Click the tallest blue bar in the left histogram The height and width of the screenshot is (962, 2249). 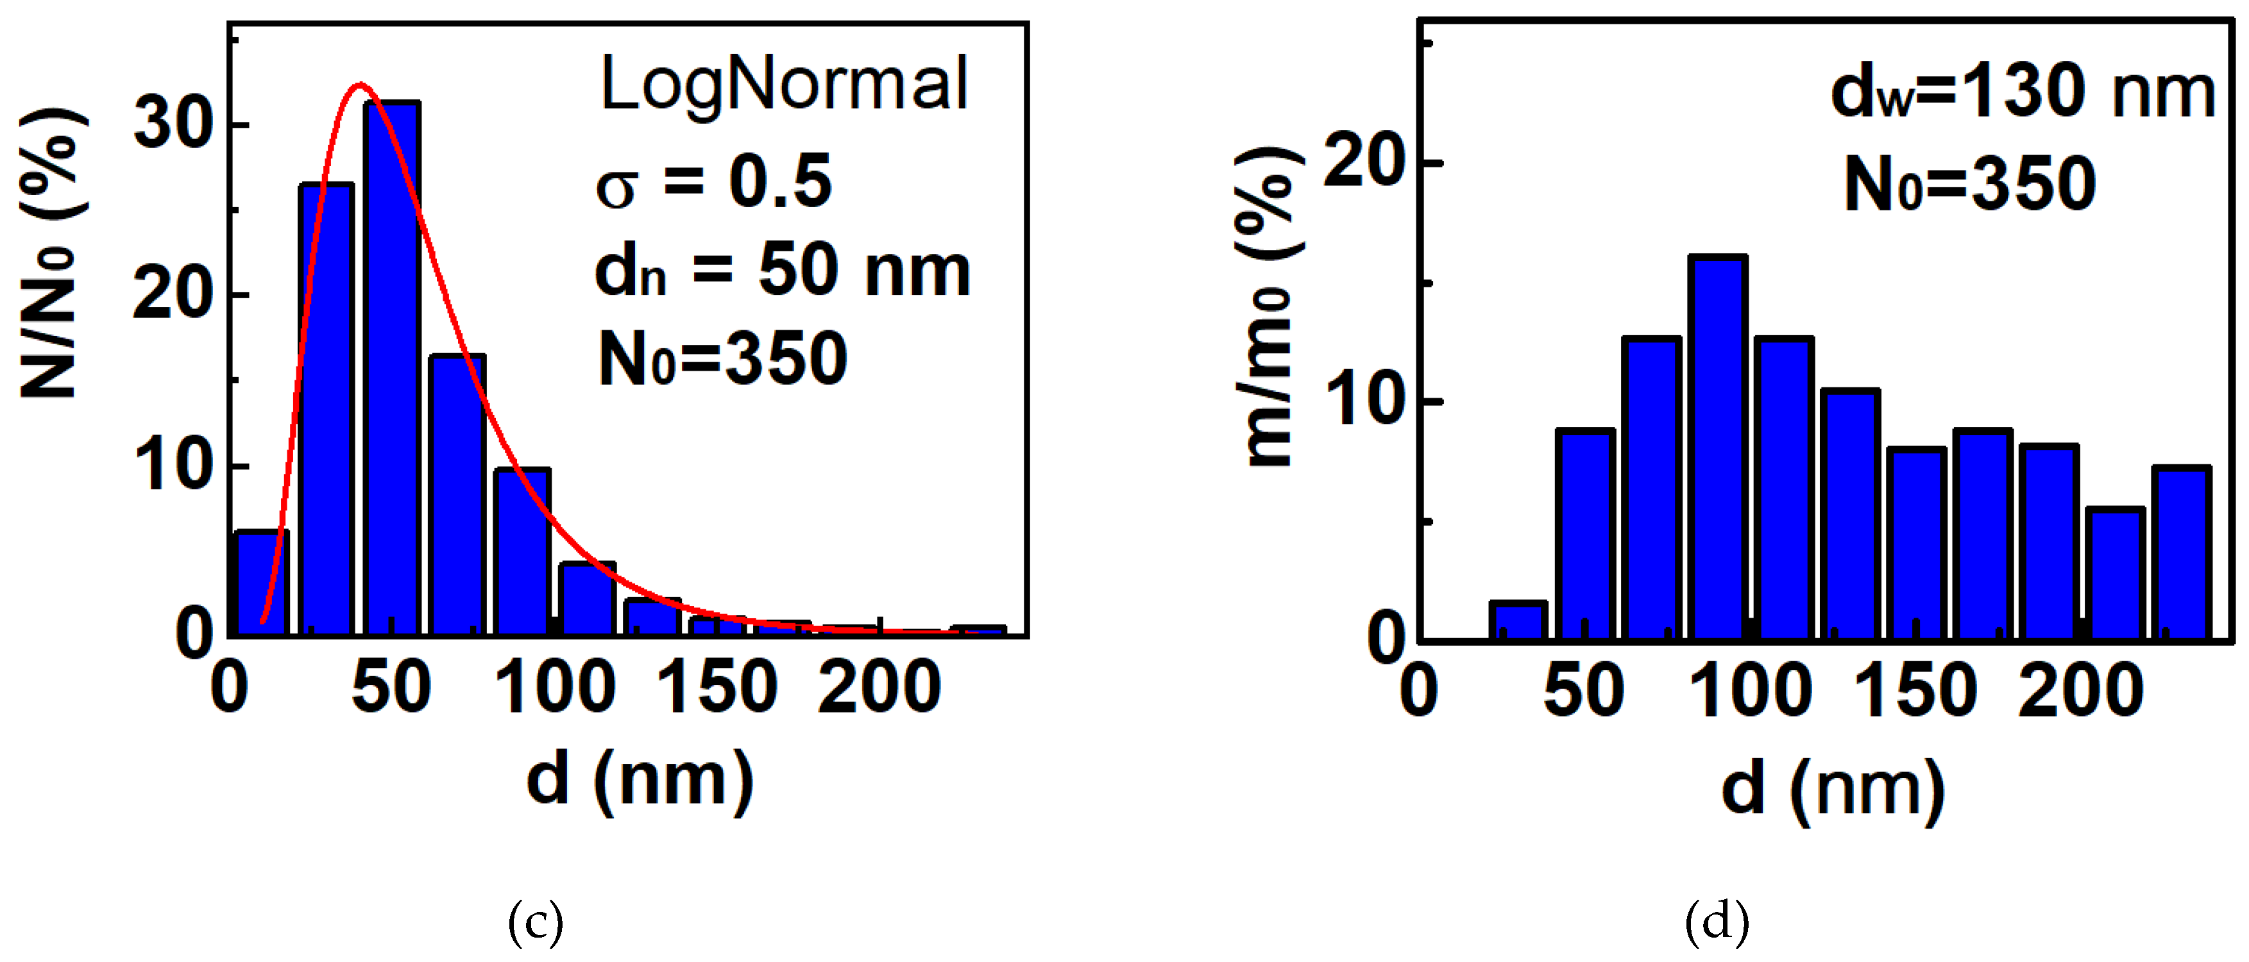[392, 367]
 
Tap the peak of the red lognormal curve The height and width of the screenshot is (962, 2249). [360, 85]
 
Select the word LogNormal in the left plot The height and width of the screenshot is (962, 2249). [784, 85]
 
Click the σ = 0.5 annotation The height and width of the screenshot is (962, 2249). [713, 182]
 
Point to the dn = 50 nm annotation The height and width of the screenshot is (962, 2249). [782, 270]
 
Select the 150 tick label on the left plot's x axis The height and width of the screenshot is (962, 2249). [716, 689]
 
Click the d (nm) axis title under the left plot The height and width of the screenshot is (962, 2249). [640, 780]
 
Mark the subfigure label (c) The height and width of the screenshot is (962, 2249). [535, 923]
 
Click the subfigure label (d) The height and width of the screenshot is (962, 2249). [1717, 923]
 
